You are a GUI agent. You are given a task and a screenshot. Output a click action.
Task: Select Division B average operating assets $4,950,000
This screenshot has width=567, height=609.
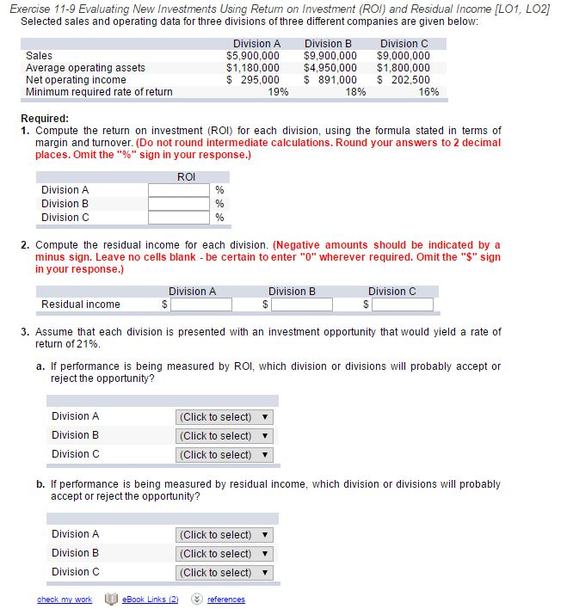tap(330, 67)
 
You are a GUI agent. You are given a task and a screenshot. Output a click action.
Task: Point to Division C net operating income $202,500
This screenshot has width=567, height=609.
tap(404, 79)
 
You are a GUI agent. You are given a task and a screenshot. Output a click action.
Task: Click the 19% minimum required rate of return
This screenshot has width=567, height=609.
tap(278, 91)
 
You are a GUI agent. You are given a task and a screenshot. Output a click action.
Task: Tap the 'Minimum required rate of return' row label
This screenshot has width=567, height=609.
tap(99, 91)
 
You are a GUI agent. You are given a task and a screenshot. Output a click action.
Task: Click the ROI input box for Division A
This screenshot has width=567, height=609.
tap(179, 190)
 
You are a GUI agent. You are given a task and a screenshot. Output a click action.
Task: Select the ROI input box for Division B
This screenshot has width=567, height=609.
tap(179, 204)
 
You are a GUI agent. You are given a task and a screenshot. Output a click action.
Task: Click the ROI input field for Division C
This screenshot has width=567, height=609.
tap(179, 218)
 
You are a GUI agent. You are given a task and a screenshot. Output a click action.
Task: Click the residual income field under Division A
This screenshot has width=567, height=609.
tap(200, 304)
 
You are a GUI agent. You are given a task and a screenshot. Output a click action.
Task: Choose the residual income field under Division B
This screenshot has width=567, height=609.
tap(301, 304)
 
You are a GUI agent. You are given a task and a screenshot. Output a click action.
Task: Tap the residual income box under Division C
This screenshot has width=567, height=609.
tap(402, 304)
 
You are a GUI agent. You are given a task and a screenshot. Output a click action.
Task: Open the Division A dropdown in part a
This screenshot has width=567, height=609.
tap(224, 416)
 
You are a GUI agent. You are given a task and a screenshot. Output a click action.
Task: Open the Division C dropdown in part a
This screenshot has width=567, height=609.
tap(224, 454)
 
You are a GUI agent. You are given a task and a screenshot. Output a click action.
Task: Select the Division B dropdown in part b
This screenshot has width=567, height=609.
tap(224, 553)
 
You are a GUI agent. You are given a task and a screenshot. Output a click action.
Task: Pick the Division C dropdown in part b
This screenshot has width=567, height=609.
tap(224, 572)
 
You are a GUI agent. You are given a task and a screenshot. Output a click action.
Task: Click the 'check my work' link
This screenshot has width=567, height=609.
tap(65, 600)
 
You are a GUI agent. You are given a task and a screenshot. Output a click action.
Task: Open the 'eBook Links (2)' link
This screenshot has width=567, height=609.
tap(150, 600)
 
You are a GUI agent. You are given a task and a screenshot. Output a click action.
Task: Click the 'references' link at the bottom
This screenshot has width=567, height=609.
tap(225, 600)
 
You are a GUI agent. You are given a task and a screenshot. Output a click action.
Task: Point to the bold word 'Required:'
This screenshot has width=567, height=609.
tap(45, 119)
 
